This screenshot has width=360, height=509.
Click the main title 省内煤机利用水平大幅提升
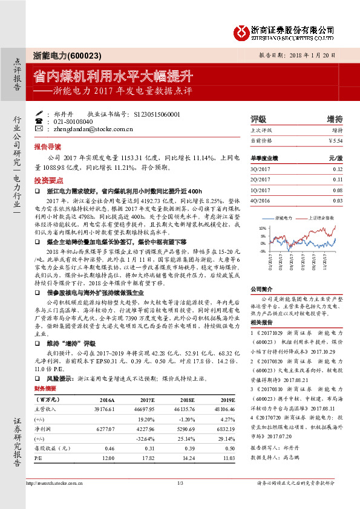(113, 77)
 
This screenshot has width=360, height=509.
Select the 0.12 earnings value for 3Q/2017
(337, 169)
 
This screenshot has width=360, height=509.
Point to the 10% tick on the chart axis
(262, 228)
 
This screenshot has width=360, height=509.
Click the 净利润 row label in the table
(46, 429)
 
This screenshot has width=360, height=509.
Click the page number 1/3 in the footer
(180, 483)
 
